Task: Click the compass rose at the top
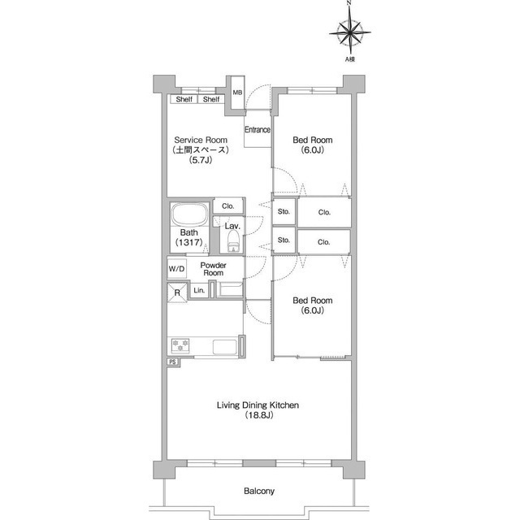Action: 350,32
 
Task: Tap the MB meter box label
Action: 237,93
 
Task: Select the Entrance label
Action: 258,129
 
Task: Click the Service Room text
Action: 201,140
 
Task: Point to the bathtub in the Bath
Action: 189,214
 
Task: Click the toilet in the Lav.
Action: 233,241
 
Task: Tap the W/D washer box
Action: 177,269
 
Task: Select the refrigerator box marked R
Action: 177,292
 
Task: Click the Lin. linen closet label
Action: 199,291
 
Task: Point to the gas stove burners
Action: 180,345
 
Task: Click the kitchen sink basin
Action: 225,347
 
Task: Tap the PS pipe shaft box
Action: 172,362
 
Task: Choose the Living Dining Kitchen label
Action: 258,405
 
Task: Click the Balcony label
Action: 259,491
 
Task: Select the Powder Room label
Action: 213,269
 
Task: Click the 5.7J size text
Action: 201,160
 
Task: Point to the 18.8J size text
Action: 259,415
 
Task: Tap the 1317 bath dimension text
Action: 189,242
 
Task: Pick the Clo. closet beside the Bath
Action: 228,206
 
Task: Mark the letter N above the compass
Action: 349,2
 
